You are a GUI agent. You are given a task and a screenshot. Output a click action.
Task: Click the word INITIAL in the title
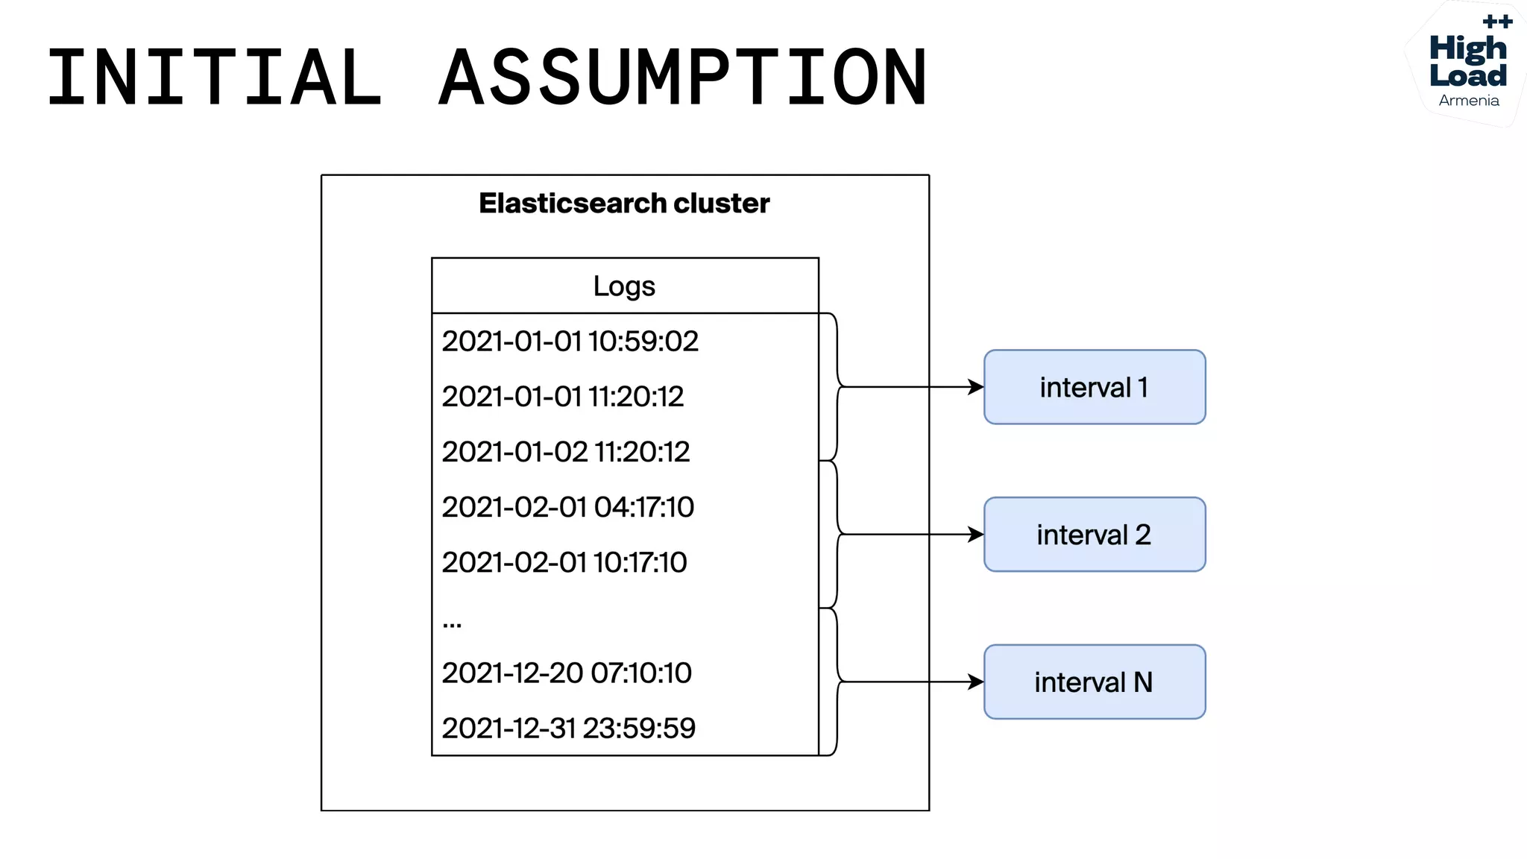pyautogui.click(x=215, y=77)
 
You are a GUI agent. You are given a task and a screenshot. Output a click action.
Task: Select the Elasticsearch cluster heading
pyautogui.click(x=624, y=204)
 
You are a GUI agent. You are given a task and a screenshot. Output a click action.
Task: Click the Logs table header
pyautogui.click(x=624, y=286)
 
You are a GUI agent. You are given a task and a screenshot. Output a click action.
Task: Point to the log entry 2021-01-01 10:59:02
pyautogui.click(x=570, y=342)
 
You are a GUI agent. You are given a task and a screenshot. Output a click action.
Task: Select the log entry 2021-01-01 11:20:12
pyautogui.click(x=562, y=397)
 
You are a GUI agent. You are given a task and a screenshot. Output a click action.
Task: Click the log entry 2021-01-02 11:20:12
pyautogui.click(x=565, y=452)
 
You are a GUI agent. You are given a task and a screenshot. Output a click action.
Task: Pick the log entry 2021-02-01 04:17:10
pyautogui.click(x=567, y=507)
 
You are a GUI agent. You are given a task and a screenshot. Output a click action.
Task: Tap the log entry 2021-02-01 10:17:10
pyautogui.click(x=564, y=562)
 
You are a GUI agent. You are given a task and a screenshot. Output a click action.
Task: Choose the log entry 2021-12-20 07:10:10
pyautogui.click(x=566, y=673)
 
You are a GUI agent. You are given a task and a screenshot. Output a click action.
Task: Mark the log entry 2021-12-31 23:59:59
pyautogui.click(x=568, y=728)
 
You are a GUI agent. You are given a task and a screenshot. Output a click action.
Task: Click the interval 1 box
pyautogui.click(x=1094, y=387)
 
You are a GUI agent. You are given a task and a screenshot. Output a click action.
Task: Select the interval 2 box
pyautogui.click(x=1094, y=535)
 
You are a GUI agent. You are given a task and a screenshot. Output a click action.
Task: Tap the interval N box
pyautogui.click(x=1094, y=682)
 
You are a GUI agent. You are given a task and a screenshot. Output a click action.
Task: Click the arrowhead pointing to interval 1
pyautogui.click(x=976, y=387)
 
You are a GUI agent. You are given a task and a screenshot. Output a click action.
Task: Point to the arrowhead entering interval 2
pyautogui.click(x=976, y=535)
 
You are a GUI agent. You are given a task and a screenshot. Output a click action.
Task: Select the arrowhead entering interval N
pyautogui.click(x=976, y=682)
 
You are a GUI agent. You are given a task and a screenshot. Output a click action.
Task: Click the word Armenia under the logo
pyautogui.click(x=1468, y=101)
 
